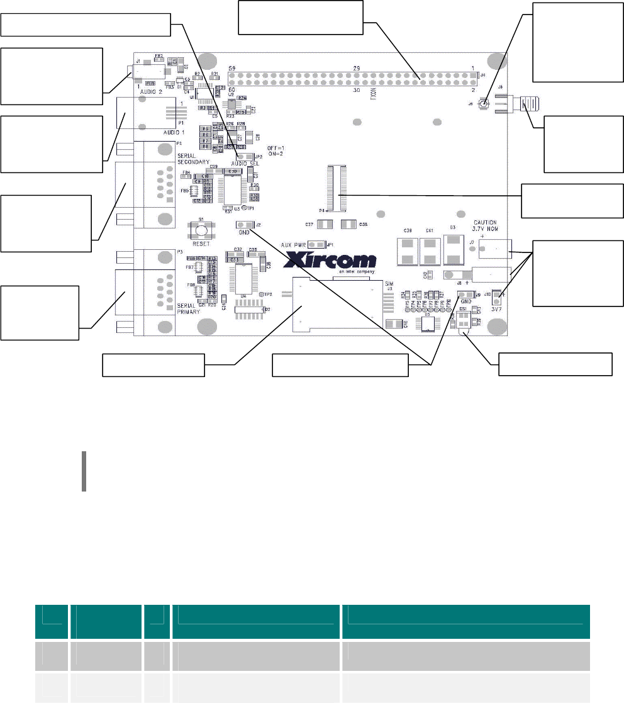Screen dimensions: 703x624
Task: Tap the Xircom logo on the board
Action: coord(331,260)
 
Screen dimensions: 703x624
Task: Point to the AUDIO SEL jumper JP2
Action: coord(245,157)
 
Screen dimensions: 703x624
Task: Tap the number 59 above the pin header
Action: coord(231,67)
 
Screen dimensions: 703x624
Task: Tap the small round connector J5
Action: coord(483,103)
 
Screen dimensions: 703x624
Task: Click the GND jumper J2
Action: coord(245,225)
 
